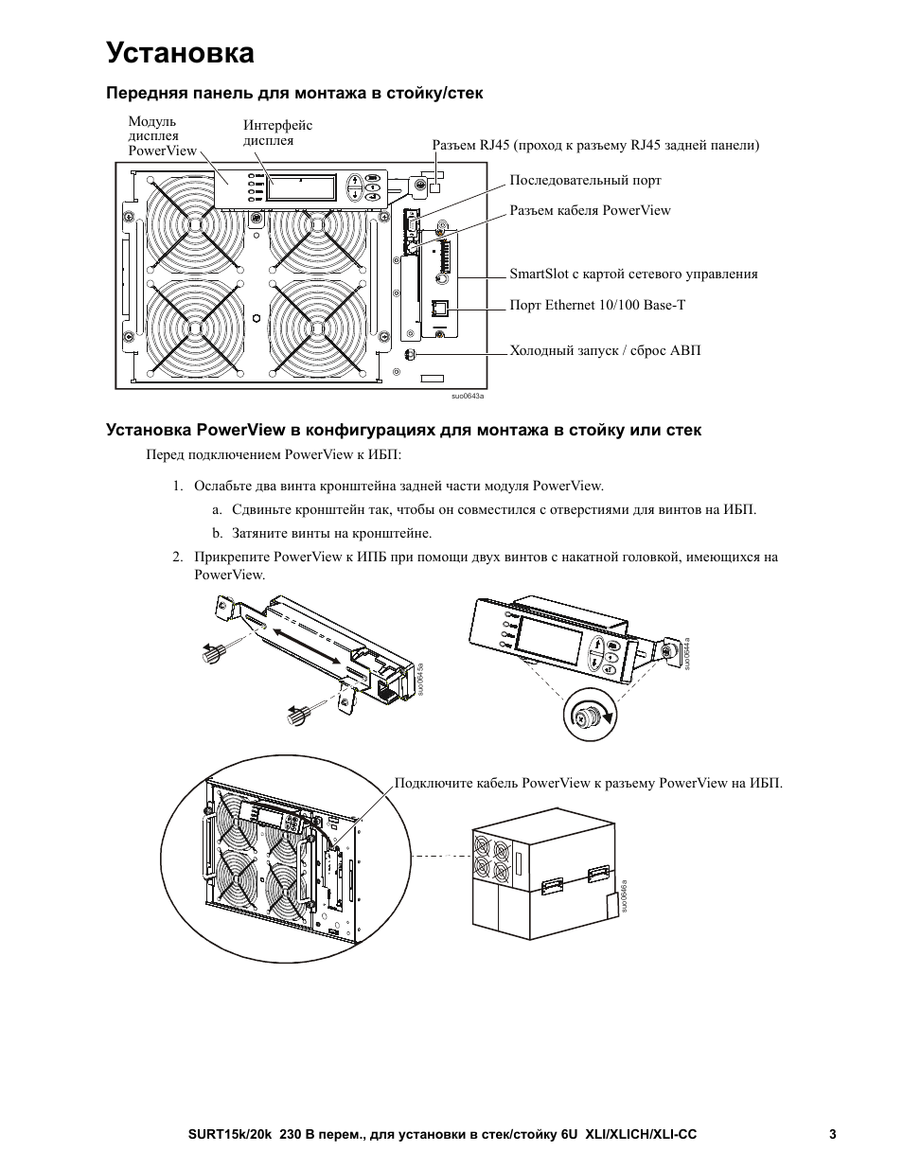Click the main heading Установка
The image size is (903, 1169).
coord(180,53)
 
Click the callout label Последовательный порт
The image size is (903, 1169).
coord(585,180)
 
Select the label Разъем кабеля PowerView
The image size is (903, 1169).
coord(590,210)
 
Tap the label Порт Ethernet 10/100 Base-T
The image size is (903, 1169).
coord(597,305)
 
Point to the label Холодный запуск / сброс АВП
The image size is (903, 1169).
coord(605,351)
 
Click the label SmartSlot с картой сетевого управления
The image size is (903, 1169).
coord(633,274)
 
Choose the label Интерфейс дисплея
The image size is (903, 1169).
coord(277,133)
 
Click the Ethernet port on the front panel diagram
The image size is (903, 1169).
coord(439,309)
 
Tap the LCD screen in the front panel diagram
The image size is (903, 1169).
coord(302,186)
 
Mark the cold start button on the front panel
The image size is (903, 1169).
coord(410,355)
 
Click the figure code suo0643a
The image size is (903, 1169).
coord(468,396)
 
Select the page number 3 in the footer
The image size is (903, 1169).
coord(833,1135)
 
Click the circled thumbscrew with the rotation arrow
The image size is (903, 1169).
coord(590,716)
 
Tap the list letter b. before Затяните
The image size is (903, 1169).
coord(217,533)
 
